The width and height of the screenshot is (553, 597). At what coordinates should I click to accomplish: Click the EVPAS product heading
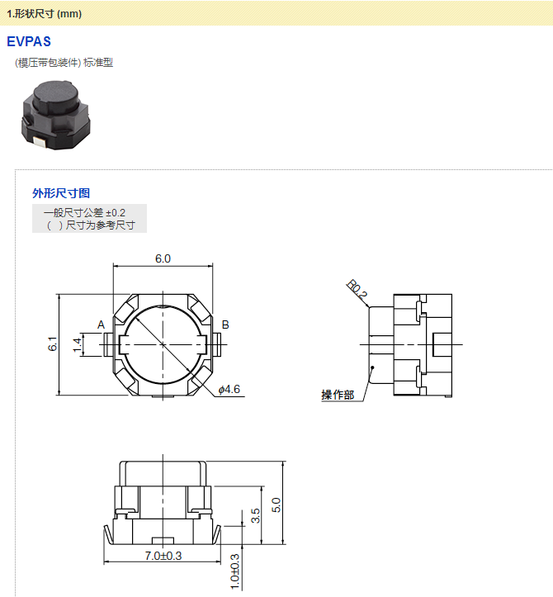29,41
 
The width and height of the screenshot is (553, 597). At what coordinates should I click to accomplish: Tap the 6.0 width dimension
163,258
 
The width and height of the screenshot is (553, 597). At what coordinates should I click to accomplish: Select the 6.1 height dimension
52,344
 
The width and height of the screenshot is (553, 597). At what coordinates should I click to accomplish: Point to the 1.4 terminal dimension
78,344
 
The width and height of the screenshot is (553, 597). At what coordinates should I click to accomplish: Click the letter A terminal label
101,325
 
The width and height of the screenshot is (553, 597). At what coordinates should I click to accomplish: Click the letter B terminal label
225,325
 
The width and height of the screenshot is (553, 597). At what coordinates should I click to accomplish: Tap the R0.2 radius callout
357,290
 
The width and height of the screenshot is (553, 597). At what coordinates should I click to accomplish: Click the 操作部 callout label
338,396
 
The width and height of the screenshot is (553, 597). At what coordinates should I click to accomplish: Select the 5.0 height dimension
277,504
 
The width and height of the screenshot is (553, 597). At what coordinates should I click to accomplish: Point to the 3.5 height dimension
256,516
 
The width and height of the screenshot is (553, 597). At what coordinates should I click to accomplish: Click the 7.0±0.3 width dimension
163,556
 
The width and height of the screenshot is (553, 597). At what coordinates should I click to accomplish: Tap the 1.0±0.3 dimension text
234,571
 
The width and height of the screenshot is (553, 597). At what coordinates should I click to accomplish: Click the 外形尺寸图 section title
61,193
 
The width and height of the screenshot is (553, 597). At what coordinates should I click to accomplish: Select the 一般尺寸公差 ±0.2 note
84,213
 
